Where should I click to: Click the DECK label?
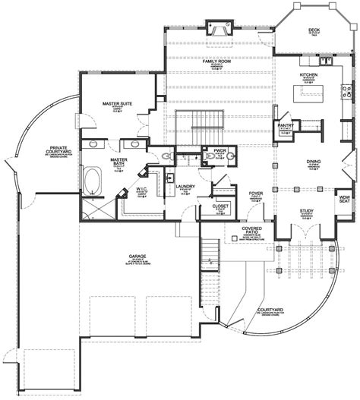pos(313,30)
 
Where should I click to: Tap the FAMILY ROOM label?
pos(216,60)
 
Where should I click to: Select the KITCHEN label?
pos(308,75)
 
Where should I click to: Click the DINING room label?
pos(312,162)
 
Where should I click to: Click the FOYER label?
pos(256,194)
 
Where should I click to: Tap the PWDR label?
pos(221,150)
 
